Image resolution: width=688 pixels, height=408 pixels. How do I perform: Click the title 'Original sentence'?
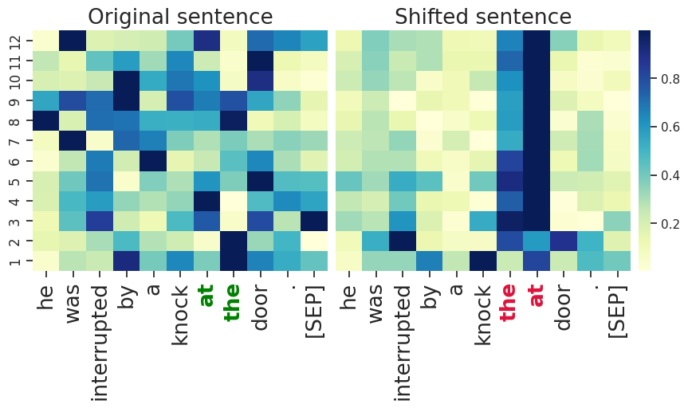(x=179, y=17)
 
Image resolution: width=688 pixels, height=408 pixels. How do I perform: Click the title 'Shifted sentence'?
(x=483, y=17)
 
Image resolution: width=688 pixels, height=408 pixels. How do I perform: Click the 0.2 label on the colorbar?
(x=671, y=224)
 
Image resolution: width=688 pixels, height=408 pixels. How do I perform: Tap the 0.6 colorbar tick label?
(x=671, y=127)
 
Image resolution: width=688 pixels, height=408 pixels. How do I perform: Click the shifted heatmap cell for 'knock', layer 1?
(x=480, y=261)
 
